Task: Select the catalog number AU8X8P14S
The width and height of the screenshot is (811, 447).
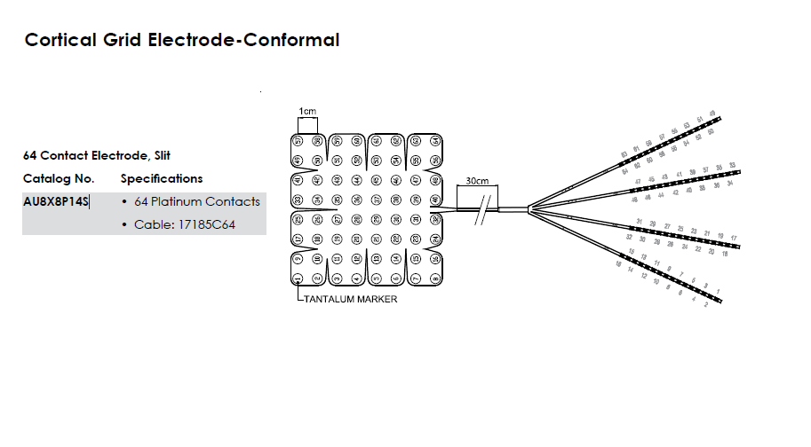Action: pyautogui.click(x=56, y=201)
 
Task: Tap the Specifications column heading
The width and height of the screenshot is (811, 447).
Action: pyautogui.click(x=162, y=178)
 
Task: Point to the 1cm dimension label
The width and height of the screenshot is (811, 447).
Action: pyautogui.click(x=307, y=111)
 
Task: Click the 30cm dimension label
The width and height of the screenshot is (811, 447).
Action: pyautogui.click(x=477, y=181)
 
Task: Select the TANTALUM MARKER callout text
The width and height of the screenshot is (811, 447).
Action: pyautogui.click(x=351, y=299)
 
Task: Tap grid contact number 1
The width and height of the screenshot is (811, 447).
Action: pyautogui.click(x=298, y=278)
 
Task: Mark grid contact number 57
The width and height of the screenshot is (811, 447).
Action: pyautogui.click(x=298, y=140)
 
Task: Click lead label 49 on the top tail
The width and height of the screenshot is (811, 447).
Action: pyautogui.click(x=712, y=114)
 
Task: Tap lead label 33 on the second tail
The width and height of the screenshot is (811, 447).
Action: pyautogui.click(x=732, y=165)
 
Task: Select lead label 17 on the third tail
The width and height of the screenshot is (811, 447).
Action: pyautogui.click(x=734, y=239)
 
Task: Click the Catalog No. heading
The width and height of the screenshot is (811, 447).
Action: pyautogui.click(x=59, y=178)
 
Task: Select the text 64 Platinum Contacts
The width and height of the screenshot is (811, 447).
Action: pyautogui.click(x=197, y=201)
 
